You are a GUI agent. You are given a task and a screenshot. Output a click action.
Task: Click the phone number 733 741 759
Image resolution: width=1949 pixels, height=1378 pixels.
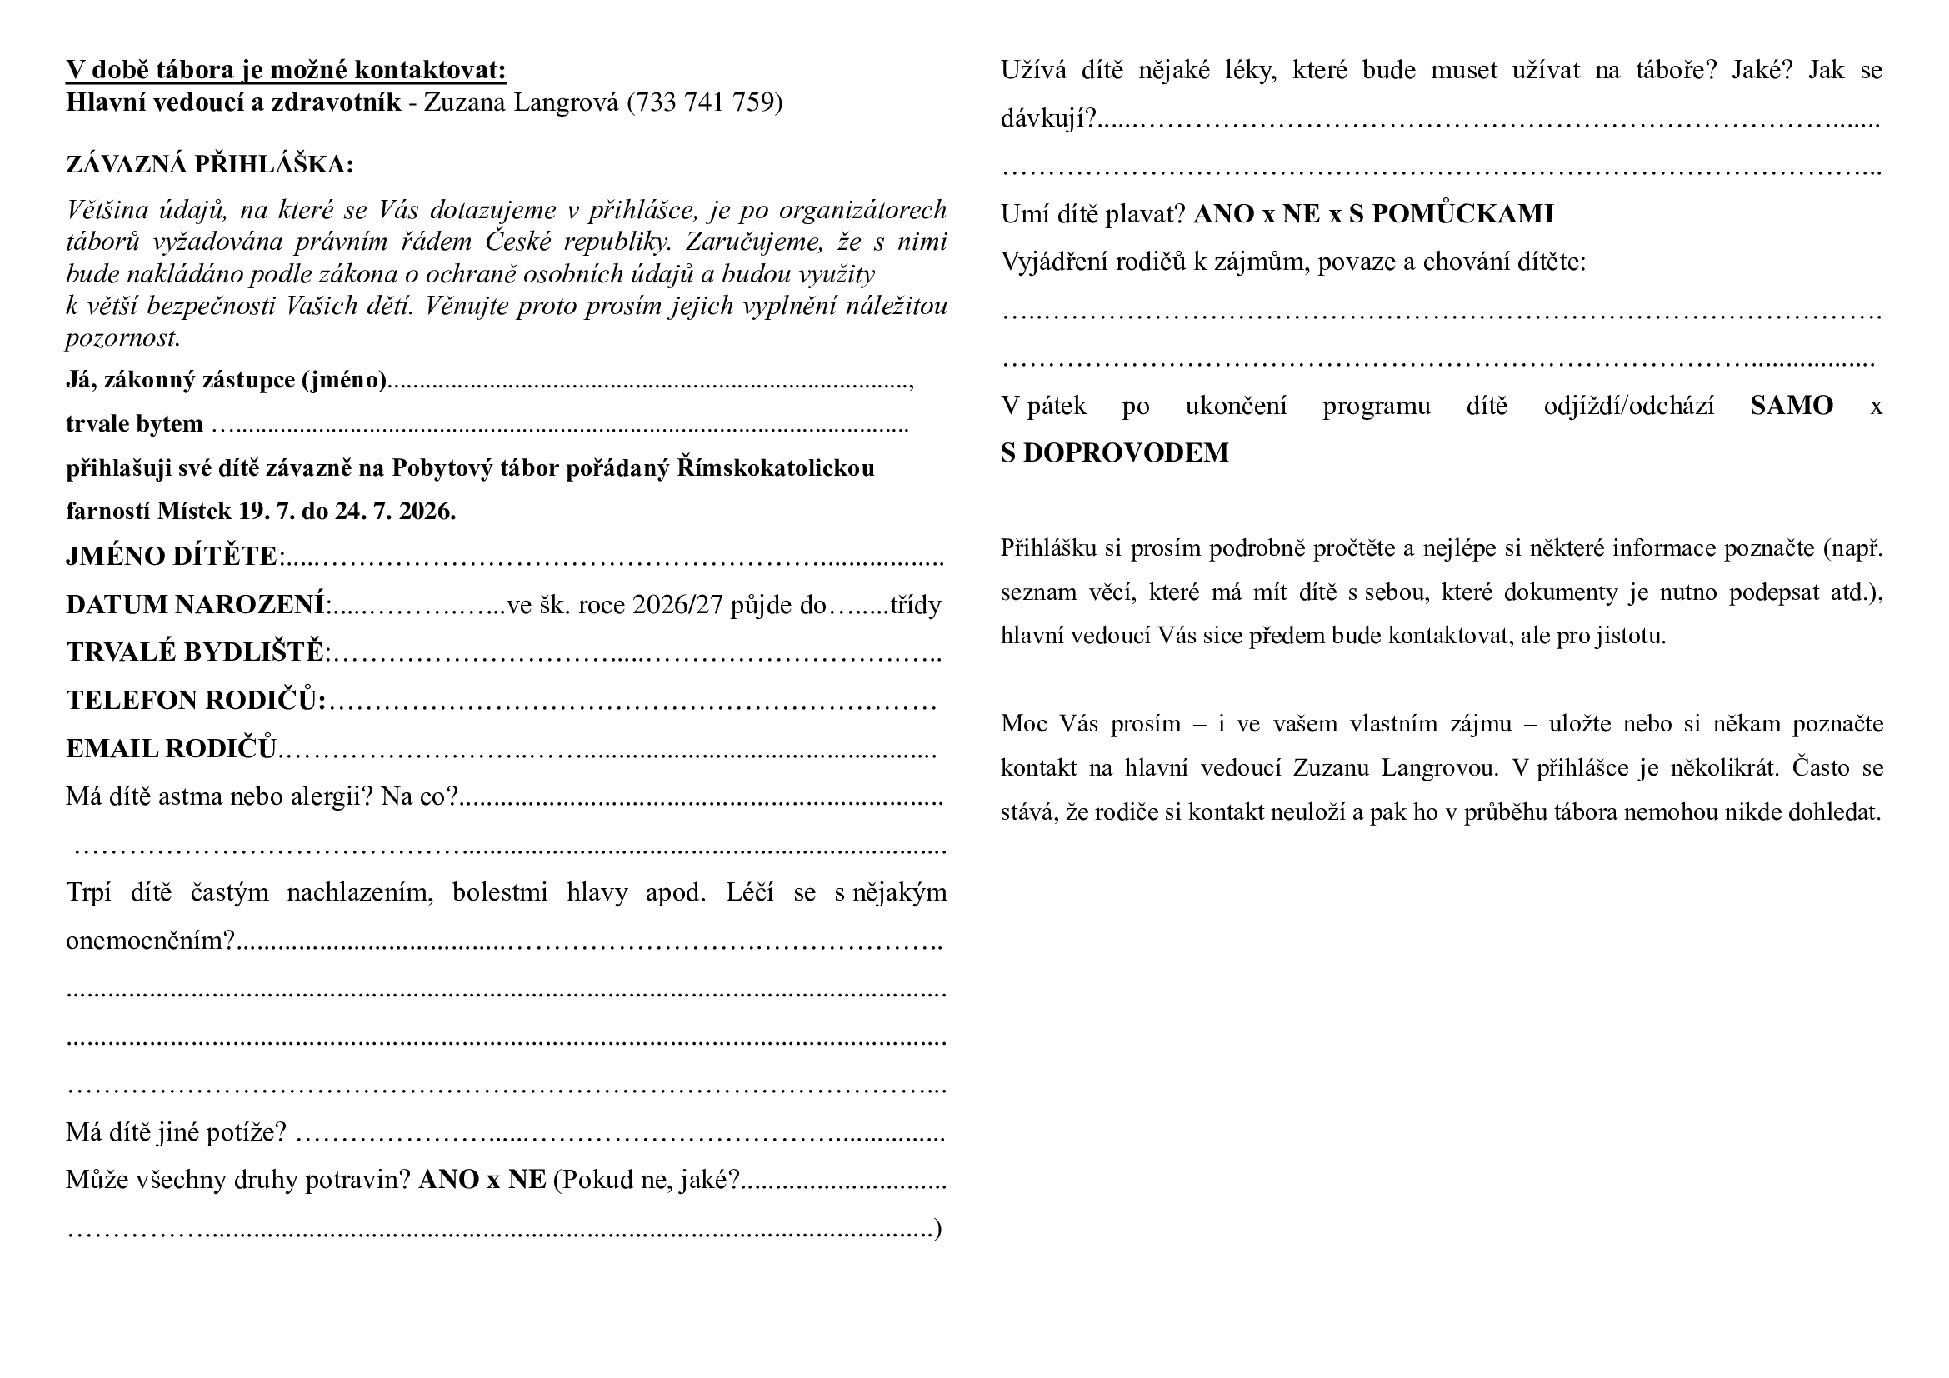point(705,102)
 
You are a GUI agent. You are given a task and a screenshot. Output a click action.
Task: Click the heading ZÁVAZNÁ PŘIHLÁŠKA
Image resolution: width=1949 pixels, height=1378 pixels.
point(210,164)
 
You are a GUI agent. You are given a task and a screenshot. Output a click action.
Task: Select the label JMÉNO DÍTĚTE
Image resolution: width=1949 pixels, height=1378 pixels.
point(172,556)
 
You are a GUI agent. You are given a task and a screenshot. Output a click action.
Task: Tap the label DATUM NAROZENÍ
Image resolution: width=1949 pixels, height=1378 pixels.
point(196,604)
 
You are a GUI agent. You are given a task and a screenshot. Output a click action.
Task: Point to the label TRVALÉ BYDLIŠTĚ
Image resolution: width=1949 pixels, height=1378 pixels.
point(196,652)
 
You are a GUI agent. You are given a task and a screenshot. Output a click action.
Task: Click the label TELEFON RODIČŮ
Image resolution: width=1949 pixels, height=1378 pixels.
point(196,700)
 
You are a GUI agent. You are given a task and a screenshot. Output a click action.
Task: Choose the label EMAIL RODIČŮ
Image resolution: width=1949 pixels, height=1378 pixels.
point(172,748)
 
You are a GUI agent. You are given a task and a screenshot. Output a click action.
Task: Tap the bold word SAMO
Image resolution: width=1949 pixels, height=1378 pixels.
point(1792,406)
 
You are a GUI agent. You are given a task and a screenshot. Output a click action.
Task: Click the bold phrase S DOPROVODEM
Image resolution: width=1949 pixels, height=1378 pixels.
point(1114,453)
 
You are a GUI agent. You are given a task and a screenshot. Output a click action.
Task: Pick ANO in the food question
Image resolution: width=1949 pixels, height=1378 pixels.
point(448,1181)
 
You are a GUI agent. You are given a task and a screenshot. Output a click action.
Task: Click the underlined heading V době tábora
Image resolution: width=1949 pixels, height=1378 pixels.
point(286,70)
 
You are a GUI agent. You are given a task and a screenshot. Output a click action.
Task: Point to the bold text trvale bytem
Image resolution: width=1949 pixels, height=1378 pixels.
point(135,423)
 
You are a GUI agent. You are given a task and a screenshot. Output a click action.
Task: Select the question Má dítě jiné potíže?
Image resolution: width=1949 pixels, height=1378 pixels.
point(177,1132)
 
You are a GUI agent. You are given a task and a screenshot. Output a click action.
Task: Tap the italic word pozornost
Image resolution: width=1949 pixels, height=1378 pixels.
point(123,337)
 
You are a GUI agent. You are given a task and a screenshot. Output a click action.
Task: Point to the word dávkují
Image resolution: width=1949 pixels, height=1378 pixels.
point(1047,119)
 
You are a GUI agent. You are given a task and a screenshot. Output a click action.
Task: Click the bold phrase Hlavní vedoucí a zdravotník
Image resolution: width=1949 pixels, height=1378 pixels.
point(233,102)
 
